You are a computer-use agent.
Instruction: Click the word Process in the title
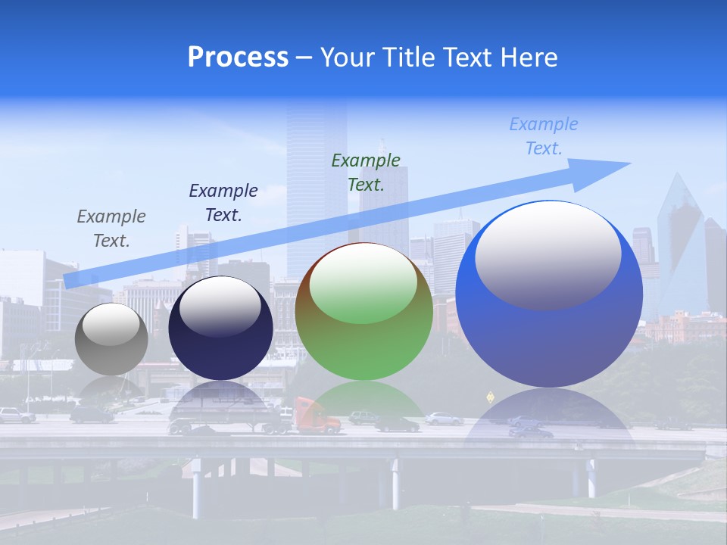point(238,58)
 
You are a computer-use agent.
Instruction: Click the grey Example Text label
point(111,229)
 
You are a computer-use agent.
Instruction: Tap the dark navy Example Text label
point(223,203)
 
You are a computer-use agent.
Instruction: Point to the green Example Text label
point(366,172)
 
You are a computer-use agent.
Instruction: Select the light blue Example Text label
point(544,136)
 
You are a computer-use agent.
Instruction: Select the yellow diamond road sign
point(490,395)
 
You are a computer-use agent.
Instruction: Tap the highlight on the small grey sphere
point(111,323)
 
